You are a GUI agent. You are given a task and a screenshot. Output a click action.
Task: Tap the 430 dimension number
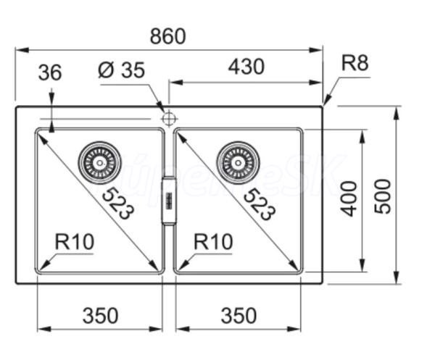[x=246, y=67]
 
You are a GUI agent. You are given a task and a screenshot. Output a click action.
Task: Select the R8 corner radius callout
[x=355, y=63]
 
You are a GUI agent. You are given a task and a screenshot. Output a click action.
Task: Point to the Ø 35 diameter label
[x=121, y=70]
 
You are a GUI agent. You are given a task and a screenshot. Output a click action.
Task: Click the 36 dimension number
[x=49, y=72]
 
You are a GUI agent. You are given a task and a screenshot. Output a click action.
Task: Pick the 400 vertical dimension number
[x=349, y=197]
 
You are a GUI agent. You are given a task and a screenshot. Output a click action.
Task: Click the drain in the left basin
[x=100, y=160]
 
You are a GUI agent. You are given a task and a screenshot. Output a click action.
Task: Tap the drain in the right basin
[x=239, y=160]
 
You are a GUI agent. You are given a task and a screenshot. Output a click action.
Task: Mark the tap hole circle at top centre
[x=169, y=117]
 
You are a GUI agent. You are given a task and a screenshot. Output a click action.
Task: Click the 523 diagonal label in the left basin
[x=117, y=204]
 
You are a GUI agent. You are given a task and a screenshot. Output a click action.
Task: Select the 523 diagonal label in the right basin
[x=259, y=204]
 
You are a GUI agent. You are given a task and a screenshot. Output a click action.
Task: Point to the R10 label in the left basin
[x=75, y=242]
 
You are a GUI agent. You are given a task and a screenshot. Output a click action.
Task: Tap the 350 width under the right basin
[x=238, y=316]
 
